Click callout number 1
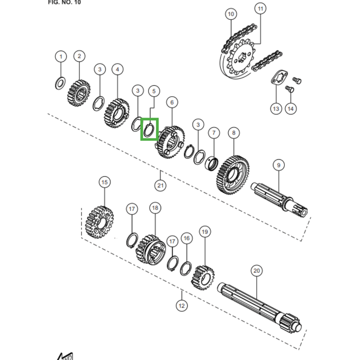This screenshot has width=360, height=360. point(61,57)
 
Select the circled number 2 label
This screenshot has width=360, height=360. point(79,56)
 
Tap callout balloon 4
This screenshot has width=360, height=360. point(117,69)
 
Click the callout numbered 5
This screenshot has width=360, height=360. point(153,91)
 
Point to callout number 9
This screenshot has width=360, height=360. point(278,166)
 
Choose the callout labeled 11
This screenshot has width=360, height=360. point(260,8)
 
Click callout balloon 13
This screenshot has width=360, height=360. point(275,108)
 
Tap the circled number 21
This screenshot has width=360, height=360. point(161,185)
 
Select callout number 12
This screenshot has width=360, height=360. point(181,306)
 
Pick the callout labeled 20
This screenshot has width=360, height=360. point(256,271)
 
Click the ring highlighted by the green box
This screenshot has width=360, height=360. point(149,129)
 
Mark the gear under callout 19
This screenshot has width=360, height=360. point(203,276)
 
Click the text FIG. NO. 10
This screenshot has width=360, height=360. point(64,2)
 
